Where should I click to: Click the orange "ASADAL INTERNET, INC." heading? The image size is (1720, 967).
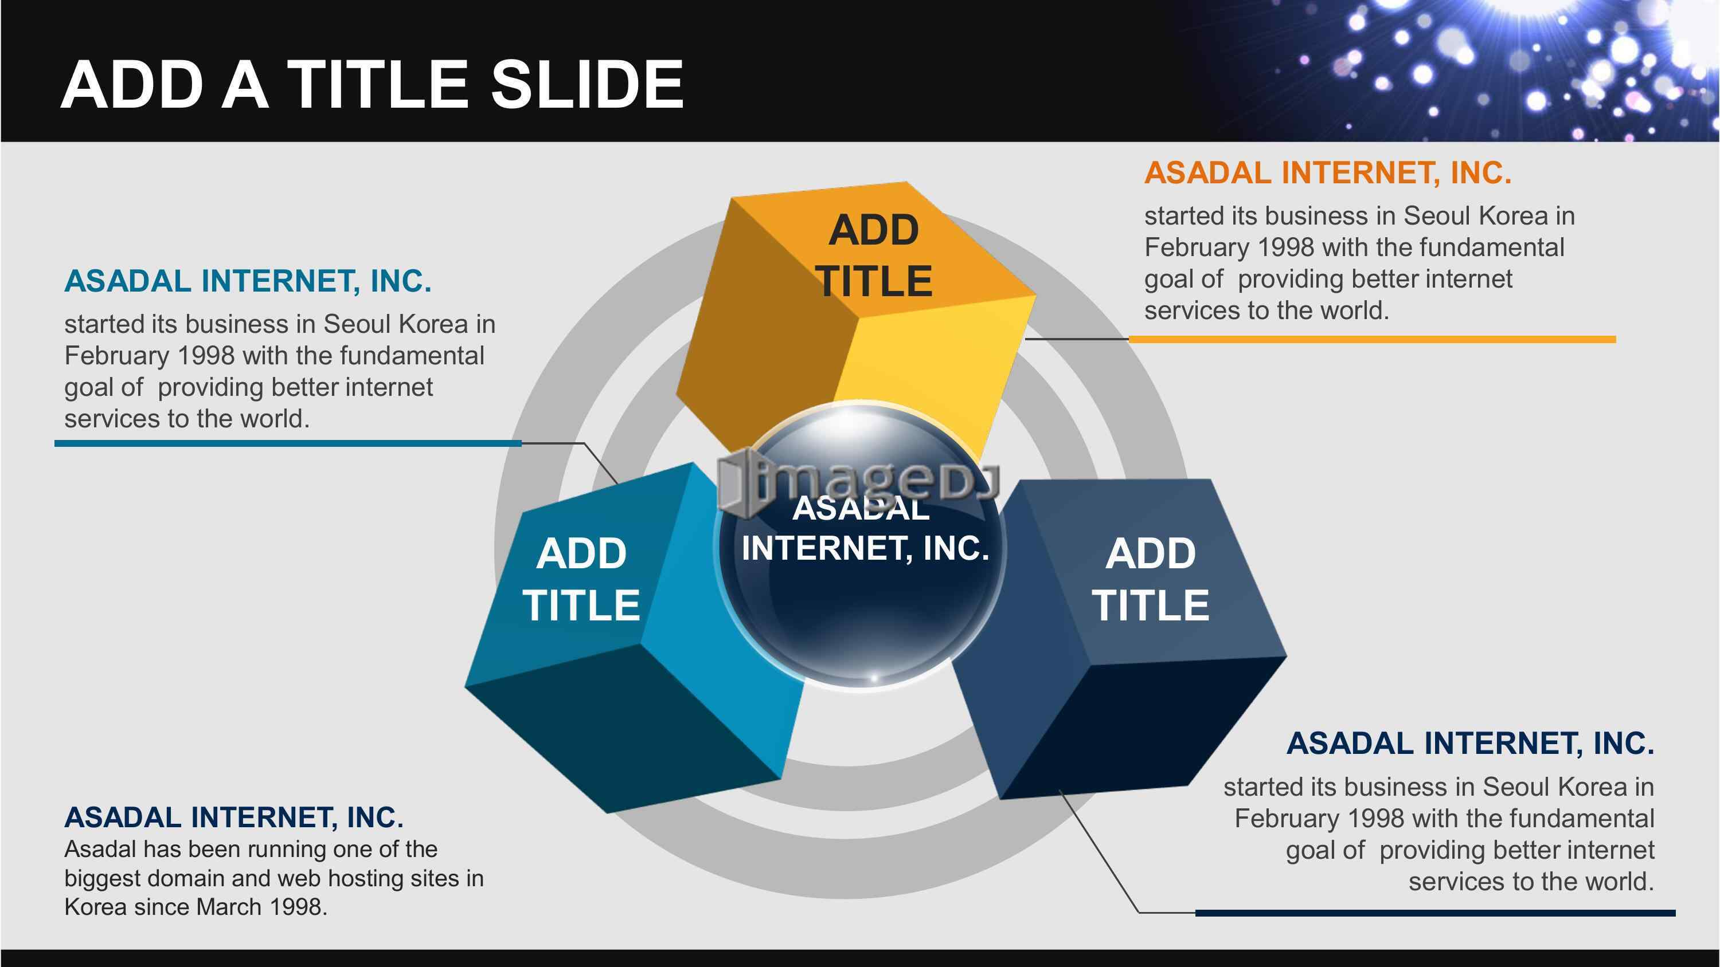point(1327,173)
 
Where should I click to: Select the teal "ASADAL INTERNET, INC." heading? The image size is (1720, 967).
point(248,281)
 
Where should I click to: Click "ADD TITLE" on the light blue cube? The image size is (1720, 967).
point(581,579)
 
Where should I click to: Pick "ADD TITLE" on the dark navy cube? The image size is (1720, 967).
point(1151,579)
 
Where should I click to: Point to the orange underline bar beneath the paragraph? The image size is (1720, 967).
point(1372,340)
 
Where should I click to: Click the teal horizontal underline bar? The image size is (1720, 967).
point(288,443)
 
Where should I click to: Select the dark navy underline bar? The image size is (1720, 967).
point(1435,912)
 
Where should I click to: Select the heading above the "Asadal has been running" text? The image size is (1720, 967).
point(234,817)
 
